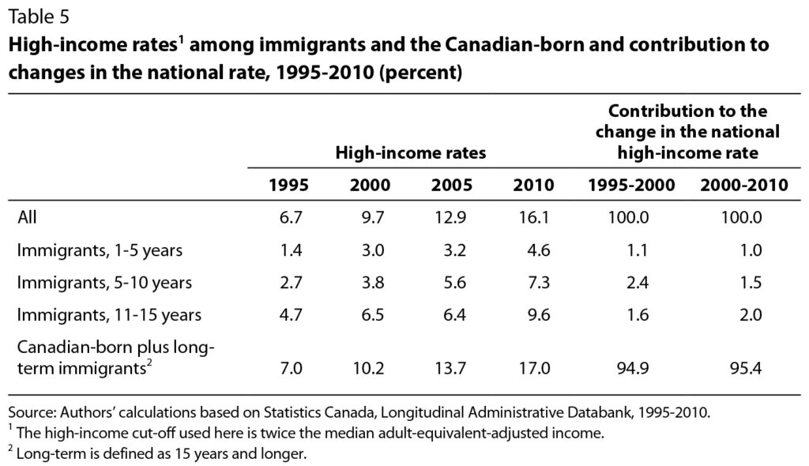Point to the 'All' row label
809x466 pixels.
pyautogui.click(x=28, y=217)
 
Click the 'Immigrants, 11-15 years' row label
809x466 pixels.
pyautogui.click(x=109, y=314)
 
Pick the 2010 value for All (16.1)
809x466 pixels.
pyautogui.click(x=534, y=217)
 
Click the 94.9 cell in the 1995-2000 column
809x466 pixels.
pyautogui.click(x=633, y=366)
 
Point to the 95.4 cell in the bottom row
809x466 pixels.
pyautogui.click(x=747, y=366)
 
